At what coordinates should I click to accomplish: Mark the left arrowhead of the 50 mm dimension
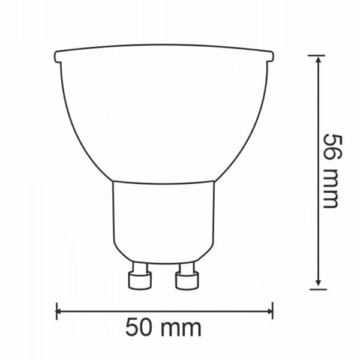point(61,311)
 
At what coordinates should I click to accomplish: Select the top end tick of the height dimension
point(318,56)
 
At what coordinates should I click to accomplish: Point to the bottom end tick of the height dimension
point(318,289)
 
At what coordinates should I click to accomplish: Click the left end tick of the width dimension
point(56,311)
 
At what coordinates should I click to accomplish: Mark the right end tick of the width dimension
point(272,311)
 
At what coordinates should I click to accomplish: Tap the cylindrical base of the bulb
point(163,219)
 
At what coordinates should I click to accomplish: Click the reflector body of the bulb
point(163,114)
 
